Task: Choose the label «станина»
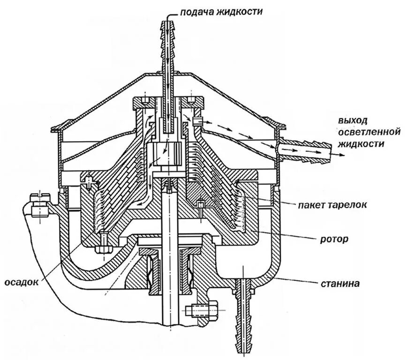pos(340,283)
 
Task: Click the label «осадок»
pos(21,282)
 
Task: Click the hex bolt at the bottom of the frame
pos(203,310)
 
